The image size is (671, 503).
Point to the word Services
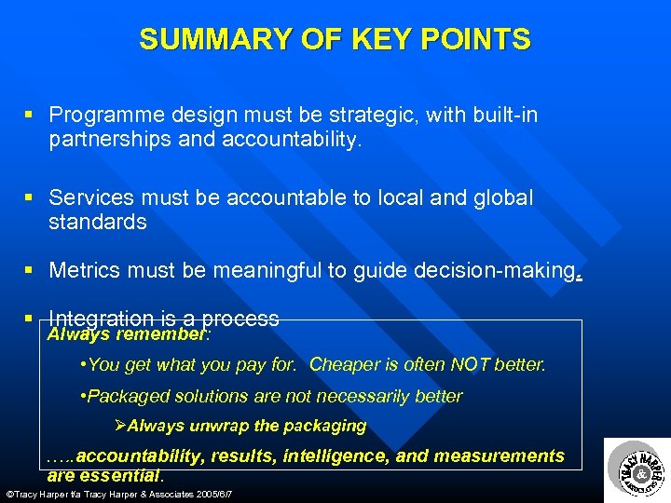pyautogui.click(x=89, y=197)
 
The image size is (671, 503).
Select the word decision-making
pyautogui.click(x=498, y=270)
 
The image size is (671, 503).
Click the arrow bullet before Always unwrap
pyautogui.click(x=118, y=426)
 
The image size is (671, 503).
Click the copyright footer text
pyautogui.click(x=118, y=493)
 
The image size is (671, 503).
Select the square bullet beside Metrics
pyautogui.click(x=30, y=270)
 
